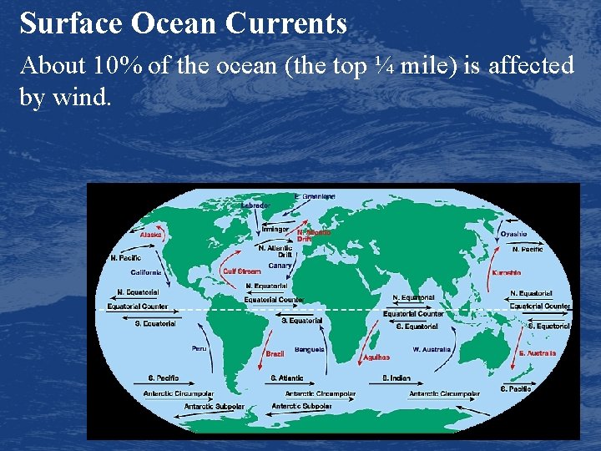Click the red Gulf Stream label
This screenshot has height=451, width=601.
coord(241,271)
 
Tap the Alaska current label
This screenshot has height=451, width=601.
coord(151,235)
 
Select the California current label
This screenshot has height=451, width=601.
coord(146,272)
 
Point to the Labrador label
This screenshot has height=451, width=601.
coord(255,205)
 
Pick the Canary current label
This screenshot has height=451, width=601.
coord(280,266)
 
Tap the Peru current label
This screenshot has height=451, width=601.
coord(199,348)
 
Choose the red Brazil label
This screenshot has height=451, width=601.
coord(275,354)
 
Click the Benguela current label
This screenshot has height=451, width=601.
coord(310,349)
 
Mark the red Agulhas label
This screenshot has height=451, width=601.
coord(376,357)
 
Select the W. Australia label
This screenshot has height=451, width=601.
coord(432,349)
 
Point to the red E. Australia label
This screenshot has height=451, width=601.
coord(538,353)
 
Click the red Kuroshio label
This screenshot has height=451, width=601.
coord(507,272)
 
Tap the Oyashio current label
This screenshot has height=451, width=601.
coord(513,234)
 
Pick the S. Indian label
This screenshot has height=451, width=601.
coord(396,378)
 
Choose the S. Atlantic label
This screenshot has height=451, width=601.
coord(286,378)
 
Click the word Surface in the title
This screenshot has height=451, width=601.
coord(71,23)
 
